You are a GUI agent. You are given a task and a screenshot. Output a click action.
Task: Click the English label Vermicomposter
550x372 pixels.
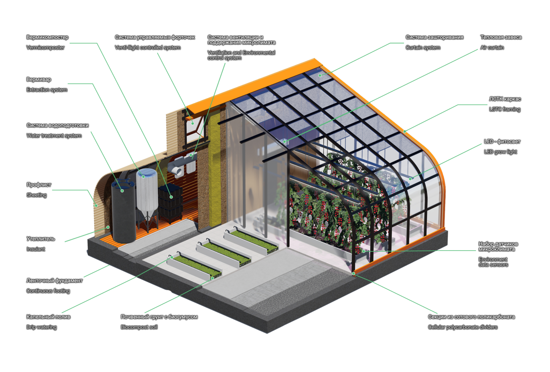[x=45, y=47]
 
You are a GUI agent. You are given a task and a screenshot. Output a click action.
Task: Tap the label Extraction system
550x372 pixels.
[x=47, y=90]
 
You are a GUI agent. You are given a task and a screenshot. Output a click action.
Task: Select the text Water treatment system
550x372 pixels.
[x=54, y=136]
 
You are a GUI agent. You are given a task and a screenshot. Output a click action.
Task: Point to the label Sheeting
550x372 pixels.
[x=36, y=195]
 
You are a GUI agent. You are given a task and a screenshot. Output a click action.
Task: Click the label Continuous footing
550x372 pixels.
[x=48, y=291]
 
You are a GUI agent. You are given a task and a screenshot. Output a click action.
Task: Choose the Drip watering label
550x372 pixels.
[x=42, y=327]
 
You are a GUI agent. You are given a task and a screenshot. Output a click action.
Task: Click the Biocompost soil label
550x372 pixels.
[x=139, y=327]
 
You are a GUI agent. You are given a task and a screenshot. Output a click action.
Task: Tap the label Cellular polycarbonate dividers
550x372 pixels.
[x=463, y=327]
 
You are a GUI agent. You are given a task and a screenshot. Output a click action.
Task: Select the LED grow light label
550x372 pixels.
[x=500, y=152]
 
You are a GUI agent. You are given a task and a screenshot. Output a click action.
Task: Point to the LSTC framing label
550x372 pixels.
[x=504, y=109]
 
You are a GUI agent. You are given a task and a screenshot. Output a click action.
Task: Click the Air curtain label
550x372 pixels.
[x=492, y=47]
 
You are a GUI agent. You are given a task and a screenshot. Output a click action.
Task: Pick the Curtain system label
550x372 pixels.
[x=423, y=47]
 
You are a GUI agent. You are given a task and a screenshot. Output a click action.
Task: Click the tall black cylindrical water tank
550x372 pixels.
[x=123, y=213]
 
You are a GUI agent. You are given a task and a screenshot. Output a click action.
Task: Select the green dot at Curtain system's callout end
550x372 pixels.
[x=320, y=75]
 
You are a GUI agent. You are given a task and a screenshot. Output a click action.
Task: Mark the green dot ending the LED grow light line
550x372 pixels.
[x=411, y=179]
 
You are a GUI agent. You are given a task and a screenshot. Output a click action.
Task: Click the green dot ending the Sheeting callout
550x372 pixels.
[x=96, y=206]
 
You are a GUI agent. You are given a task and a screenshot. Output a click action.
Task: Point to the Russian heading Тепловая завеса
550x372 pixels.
[x=501, y=37]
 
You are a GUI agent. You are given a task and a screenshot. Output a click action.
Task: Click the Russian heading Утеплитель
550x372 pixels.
[x=41, y=239]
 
